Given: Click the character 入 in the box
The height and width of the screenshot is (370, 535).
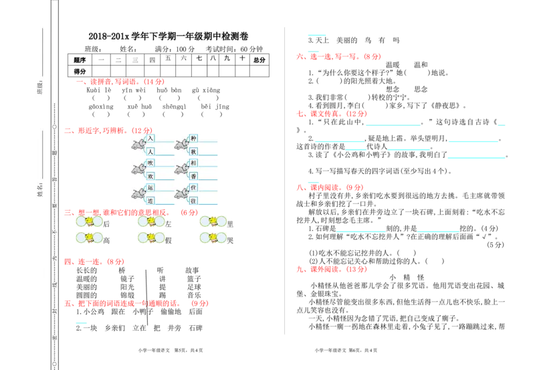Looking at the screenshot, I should pos(150,138).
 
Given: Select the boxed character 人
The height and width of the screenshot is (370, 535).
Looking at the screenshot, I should pos(150,152).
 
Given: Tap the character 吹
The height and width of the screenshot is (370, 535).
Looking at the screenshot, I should pos(150,164).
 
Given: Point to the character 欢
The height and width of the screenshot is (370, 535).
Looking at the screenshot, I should pos(150,176).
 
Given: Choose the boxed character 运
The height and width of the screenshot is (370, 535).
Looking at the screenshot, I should pos(150,189).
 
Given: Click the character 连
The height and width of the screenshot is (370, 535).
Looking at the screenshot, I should pos(150,201).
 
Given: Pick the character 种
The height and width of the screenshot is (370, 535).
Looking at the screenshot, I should pos(193,138).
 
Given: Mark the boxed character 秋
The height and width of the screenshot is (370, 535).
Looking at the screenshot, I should pos(193,152).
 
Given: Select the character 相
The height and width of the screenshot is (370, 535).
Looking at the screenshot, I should pos(193,164).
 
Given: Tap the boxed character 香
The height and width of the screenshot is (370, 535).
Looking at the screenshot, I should pos(193,176).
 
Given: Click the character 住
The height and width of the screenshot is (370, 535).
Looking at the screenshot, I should pos(193,189).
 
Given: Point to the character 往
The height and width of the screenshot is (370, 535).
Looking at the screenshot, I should pos(193,201).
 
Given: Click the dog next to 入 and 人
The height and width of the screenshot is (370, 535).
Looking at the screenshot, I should pos(138,145).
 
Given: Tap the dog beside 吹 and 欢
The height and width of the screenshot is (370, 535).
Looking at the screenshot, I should pos(138,169).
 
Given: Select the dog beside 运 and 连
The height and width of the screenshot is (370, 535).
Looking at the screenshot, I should pos(138,194).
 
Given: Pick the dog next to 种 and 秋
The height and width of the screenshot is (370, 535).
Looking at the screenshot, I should pos(181,145).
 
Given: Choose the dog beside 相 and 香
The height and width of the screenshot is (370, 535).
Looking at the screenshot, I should pos(181,169).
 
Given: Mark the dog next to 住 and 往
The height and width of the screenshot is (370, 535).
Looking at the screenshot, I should pos(181,194).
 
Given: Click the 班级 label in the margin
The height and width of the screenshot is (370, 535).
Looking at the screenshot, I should pos(39,88).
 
